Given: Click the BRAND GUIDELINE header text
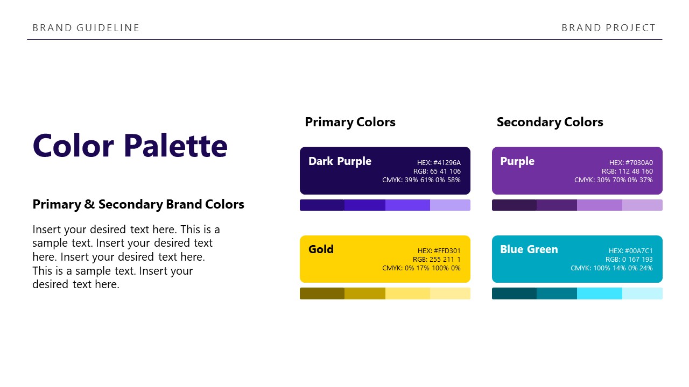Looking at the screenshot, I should (86, 28).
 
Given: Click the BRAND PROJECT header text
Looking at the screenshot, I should (608, 28).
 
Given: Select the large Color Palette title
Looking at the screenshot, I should (130, 146).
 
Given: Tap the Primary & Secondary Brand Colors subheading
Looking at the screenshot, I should (138, 204).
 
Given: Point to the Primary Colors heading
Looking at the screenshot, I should (350, 122).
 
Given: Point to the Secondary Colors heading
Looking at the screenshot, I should (550, 122).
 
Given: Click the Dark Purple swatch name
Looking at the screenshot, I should (340, 161).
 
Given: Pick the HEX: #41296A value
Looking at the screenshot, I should (439, 163).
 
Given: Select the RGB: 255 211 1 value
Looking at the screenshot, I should (437, 260).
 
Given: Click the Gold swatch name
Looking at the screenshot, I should (321, 249).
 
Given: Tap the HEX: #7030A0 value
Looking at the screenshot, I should (631, 163).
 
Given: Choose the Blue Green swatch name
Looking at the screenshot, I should (529, 249).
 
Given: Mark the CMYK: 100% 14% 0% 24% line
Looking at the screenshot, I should (611, 268).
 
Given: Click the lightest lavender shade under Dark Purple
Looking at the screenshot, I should (450, 205).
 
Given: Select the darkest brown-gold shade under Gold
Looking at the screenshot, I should (322, 293).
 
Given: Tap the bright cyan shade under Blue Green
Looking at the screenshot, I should (600, 293).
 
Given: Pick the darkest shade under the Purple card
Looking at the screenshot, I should (514, 205).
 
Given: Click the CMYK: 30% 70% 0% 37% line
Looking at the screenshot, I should (613, 180).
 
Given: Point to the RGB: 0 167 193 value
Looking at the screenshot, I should (629, 260).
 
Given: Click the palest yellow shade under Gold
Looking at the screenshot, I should (450, 293).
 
